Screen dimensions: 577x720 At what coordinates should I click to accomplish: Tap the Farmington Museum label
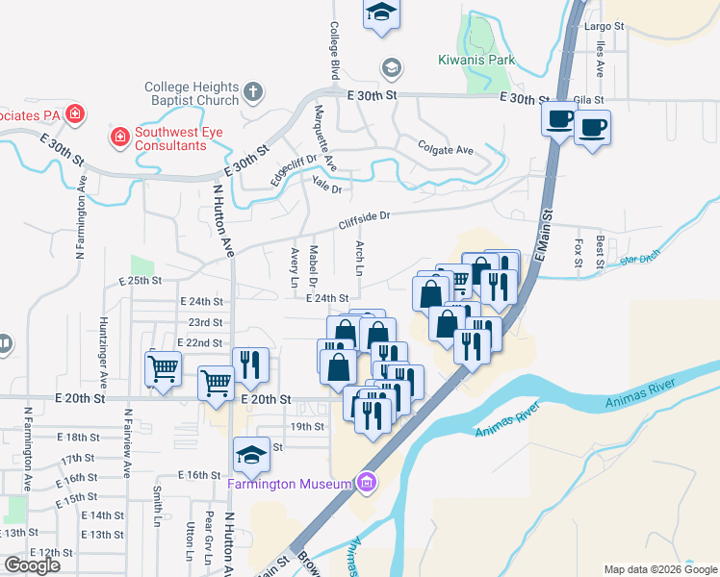(x=286, y=483)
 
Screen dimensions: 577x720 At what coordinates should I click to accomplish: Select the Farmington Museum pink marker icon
(x=365, y=482)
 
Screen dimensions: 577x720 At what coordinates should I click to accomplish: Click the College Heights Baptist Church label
(x=192, y=93)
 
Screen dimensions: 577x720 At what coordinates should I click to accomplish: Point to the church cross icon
(x=253, y=93)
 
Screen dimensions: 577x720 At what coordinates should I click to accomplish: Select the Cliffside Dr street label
(x=364, y=220)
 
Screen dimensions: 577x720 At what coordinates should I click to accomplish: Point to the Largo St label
(x=604, y=27)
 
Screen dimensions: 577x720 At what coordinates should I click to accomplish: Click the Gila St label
(x=587, y=99)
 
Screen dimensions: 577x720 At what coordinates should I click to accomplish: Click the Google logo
(x=32, y=565)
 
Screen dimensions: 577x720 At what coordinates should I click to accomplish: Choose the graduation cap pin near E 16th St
(x=251, y=455)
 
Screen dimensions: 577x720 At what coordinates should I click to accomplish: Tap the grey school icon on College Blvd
(x=391, y=67)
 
